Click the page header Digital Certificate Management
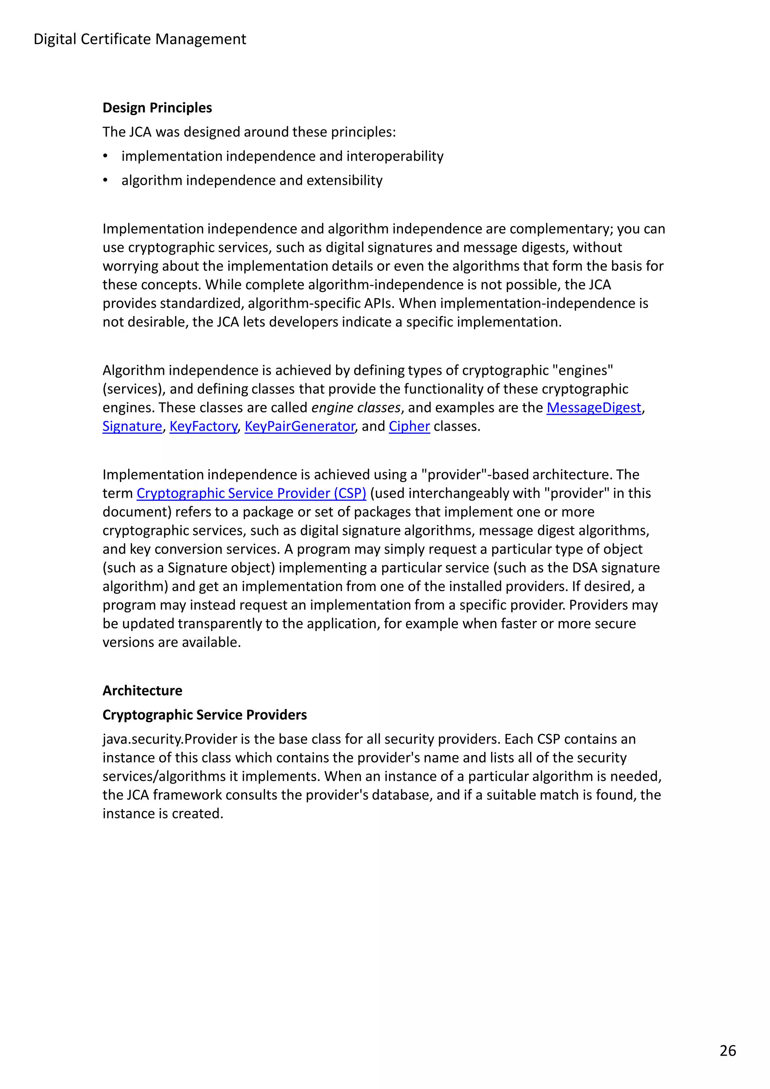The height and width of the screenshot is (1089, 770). click(x=139, y=39)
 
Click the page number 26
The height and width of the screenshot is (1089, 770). click(x=727, y=1051)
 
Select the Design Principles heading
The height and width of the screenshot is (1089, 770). click(x=157, y=108)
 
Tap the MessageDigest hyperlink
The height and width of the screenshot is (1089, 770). click(x=594, y=407)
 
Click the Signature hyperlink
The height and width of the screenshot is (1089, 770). click(x=132, y=426)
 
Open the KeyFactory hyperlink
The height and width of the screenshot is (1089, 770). click(x=203, y=426)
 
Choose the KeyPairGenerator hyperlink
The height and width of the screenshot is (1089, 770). click(x=299, y=426)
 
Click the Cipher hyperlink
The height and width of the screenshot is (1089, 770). click(x=409, y=426)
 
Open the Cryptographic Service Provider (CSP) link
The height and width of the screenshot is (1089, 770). click(x=251, y=493)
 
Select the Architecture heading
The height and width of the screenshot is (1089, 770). click(x=142, y=691)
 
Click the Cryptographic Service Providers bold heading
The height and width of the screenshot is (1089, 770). click(x=205, y=715)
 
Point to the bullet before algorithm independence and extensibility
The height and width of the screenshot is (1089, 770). click(x=105, y=181)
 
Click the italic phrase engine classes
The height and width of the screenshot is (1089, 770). click(x=356, y=407)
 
